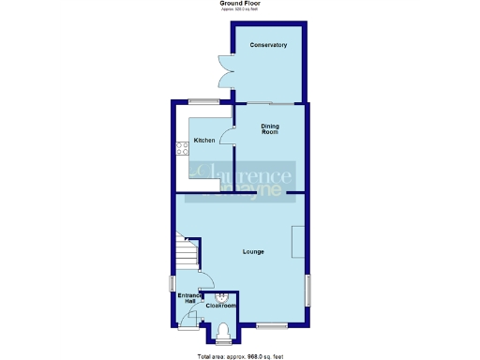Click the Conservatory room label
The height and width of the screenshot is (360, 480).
[x=268, y=45]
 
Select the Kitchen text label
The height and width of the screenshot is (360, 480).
[x=204, y=141]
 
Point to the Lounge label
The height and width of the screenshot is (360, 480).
[x=253, y=251]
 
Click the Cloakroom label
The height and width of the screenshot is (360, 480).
[x=221, y=306]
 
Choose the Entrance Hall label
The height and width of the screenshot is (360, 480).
[x=187, y=299]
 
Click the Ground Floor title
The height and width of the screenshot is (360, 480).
[x=239, y=4]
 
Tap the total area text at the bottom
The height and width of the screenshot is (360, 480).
[x=239, y=355]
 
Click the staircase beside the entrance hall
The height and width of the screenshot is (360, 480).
[x=187, y=250]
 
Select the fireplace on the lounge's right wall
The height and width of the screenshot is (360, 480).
[x=297, y=243]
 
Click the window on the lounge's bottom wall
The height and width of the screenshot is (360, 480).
[x=272, y=325]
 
